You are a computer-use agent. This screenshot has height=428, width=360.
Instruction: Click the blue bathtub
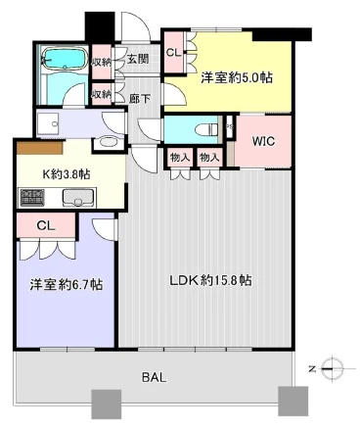[x=65, y=59]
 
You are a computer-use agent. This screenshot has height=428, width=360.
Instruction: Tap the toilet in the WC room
[x=206, y=130]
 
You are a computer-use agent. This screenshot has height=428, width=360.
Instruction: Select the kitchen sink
[x=78, y=198]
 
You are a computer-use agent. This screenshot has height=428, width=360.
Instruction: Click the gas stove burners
[x=32, y=198]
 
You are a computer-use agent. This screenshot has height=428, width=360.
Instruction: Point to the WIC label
[x=263, y=141]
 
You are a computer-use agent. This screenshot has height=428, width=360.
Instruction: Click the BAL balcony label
[x=155, y=378]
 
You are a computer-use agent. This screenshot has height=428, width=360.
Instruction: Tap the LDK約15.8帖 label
[x=210, y=280]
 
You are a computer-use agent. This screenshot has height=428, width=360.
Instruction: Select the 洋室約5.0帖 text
[x=237, y=78]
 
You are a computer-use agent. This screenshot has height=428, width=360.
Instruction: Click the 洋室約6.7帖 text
[x=67, y=284]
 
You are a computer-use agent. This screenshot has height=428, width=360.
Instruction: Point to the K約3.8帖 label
[x=67, y=174]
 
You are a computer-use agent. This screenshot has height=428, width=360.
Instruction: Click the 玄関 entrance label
[x=138, y=59]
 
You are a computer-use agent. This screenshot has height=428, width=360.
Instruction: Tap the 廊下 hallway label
[x=140, y=99]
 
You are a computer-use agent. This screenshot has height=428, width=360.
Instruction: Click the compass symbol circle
[x=333, y=369]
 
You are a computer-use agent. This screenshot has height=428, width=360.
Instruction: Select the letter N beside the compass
[x=312, y=369]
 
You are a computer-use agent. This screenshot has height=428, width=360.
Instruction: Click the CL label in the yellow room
[x=173, y=53]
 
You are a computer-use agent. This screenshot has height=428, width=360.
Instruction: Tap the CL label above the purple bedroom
[x=46, y=226]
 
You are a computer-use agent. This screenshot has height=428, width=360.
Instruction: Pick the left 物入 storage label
[x=180, y=158]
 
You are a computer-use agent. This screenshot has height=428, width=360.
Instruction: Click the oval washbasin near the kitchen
[x=110, y=142]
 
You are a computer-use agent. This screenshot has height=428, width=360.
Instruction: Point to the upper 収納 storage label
[x=102, y=62]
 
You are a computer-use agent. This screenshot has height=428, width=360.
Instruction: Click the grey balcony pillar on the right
[x=292, y=401]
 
